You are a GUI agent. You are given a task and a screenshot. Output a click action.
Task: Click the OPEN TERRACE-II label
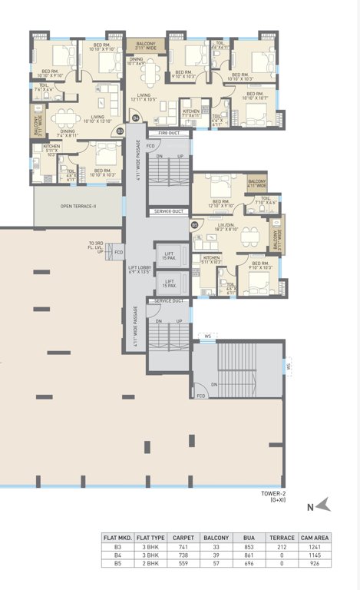tap(78, 207)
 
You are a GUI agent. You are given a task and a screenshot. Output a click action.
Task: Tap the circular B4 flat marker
tap(136, 118)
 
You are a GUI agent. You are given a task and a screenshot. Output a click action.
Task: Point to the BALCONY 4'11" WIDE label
tap(257, 183)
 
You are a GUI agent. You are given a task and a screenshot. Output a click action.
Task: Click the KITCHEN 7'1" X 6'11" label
tap(190, 113)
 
